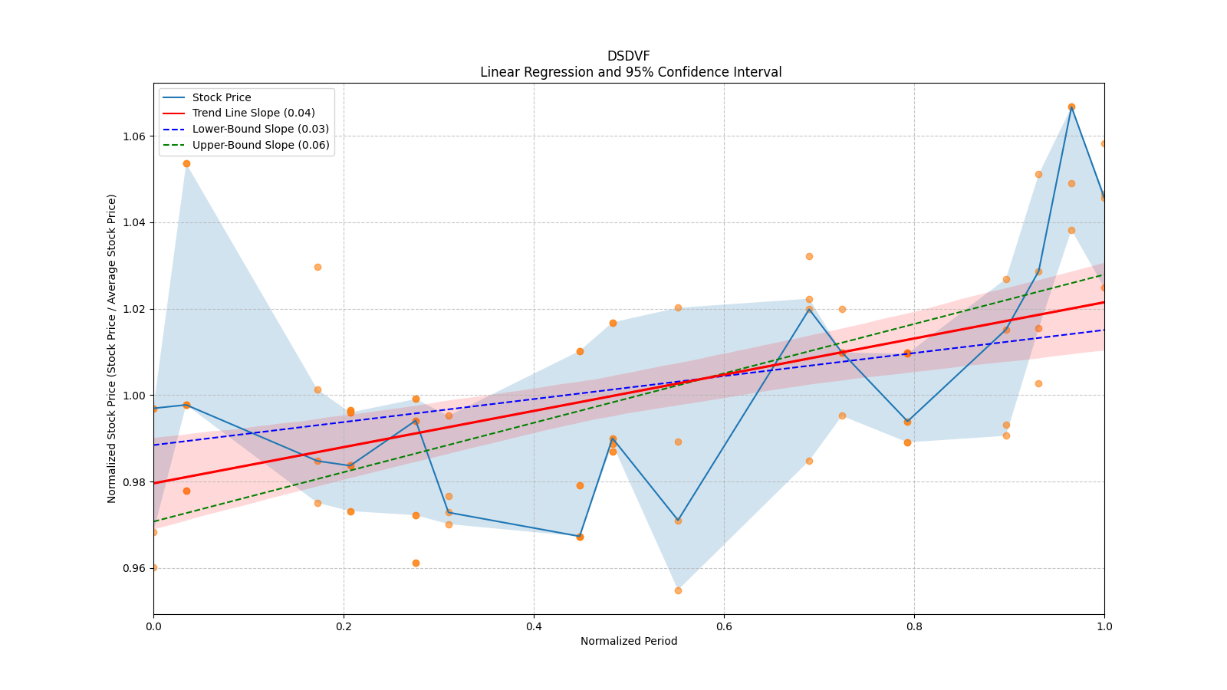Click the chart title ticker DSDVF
click(628, 56)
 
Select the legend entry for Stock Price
click(222, 97)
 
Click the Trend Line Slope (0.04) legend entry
click(253, 113)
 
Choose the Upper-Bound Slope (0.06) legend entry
click(261, 145)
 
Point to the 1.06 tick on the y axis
click(134, 136)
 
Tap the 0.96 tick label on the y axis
click(134, 568)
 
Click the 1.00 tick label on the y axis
click(134, 396)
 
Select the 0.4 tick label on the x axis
click(534, 626)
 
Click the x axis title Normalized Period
click(629, 641)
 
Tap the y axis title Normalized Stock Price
click(112, 348)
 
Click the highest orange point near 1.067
click(1071, 107)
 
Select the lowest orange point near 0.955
click(678, 590)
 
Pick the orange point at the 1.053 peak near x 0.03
click(186, 163)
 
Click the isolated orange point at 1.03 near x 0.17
click(317, 267)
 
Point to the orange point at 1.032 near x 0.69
click(809, 256)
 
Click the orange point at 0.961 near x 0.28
click(416, 563)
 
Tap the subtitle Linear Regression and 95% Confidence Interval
click(630, 72)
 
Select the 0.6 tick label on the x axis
click(724, 626)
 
